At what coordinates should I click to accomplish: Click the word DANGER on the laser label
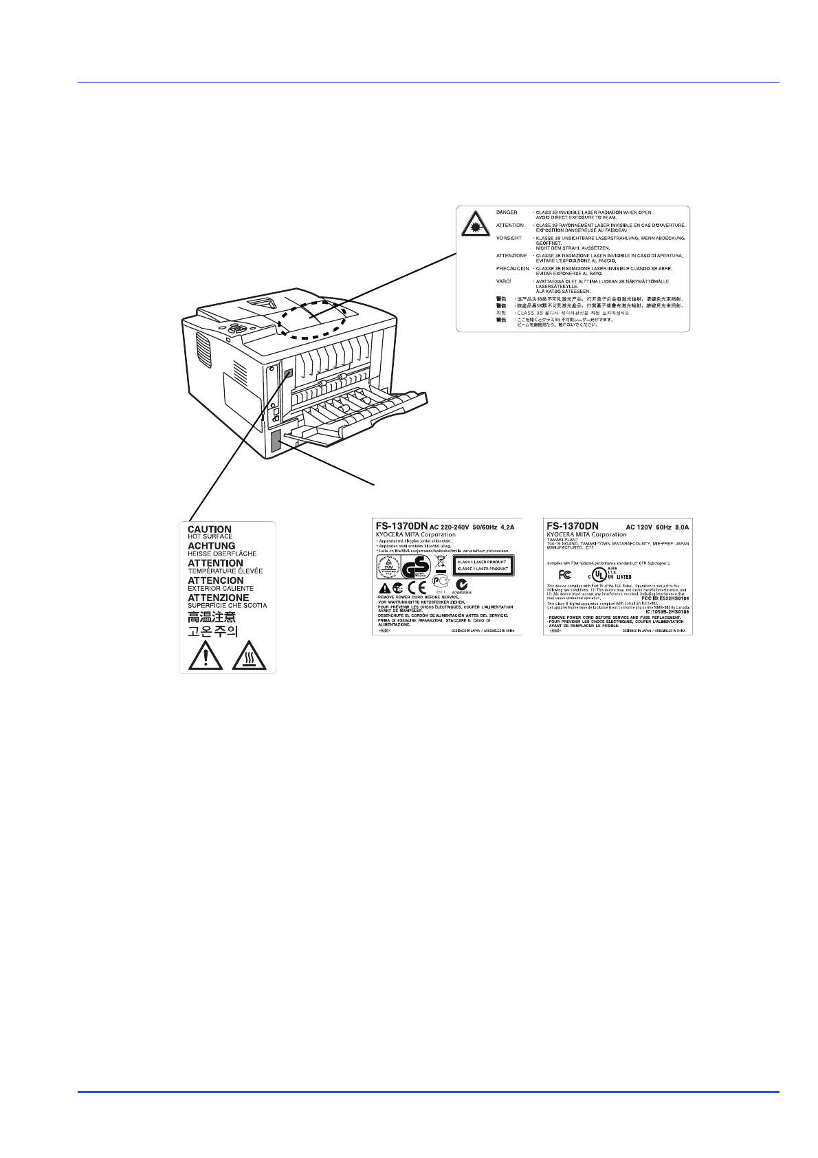(x=507, y=212)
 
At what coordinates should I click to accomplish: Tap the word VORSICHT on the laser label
(x=509, y=237)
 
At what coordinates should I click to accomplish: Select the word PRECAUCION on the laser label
(x=513, y=268)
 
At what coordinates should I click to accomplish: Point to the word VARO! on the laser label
(x=504, y=281)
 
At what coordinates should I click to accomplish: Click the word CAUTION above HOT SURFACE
(x=210, y=529)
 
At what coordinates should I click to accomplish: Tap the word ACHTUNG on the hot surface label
(x=212, y=546)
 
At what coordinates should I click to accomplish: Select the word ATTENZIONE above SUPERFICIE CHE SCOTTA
(x=219, y=598)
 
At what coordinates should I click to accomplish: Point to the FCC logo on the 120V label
(x=566, y=573)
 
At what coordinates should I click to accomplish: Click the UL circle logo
(x=600, y=574)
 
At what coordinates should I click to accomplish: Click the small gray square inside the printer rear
(x=288, y=375)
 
